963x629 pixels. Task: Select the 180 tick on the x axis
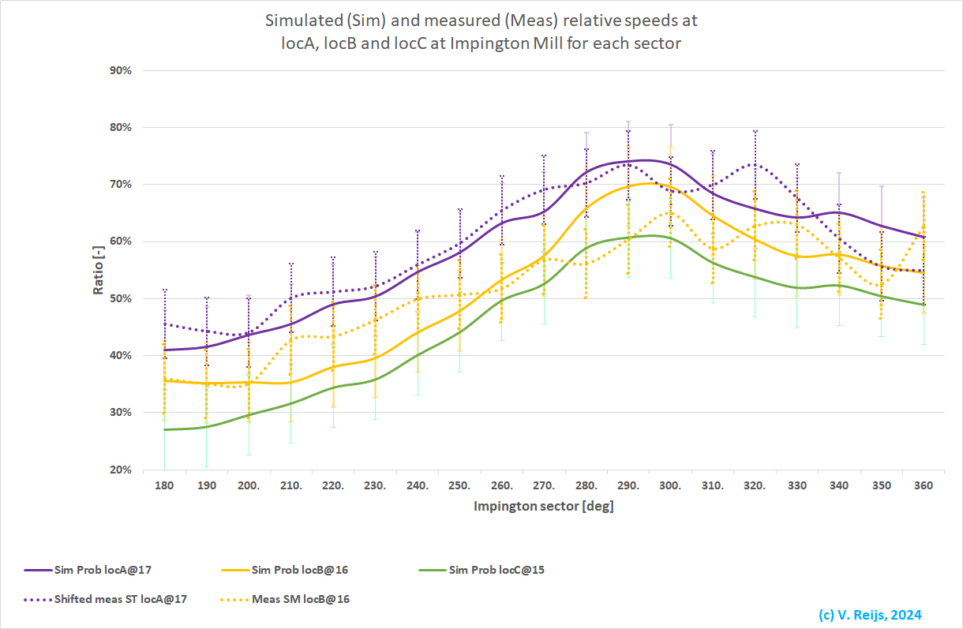click(x=164, y=486)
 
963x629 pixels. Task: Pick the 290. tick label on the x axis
click(x=628, y=486)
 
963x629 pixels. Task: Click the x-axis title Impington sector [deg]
click(x=543, y=507)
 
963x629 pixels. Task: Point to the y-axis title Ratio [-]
click(x=99, y=270)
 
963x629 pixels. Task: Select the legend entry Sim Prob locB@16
click(x=295, y=569)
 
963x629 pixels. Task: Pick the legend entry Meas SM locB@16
click(x=301, y=599)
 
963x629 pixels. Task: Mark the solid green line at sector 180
click(x=164, y=429)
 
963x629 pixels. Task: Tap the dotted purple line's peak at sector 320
click(x=755, y=164)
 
